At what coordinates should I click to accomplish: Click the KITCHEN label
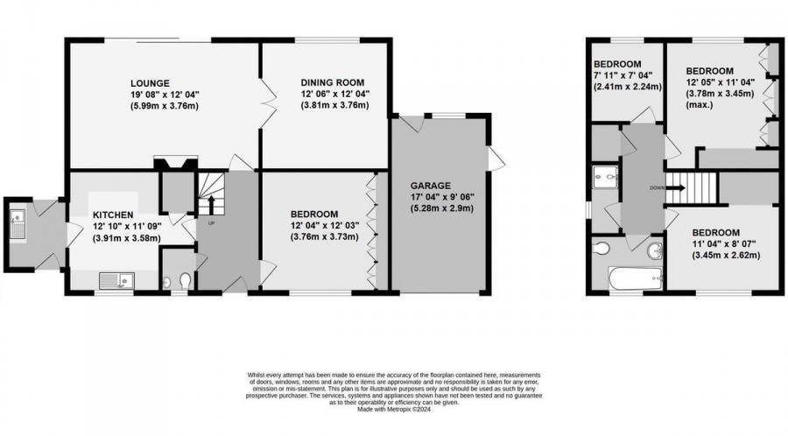pos(114,214)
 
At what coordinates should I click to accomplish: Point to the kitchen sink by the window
pos(116,280)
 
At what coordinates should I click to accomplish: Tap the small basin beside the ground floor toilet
pos(167,282)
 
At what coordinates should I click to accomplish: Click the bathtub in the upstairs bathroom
pos(631,279)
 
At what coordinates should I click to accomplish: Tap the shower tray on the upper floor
pos(603,179)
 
